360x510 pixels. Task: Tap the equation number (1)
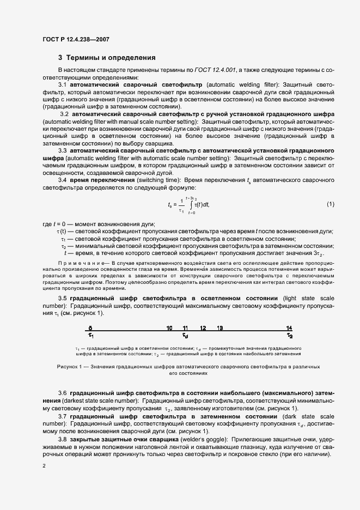[x=330, y=204]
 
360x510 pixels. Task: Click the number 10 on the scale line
[x=169, y=328]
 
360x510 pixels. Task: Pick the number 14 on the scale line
[x=289, y=328]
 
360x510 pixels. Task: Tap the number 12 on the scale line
[x=203, y=328]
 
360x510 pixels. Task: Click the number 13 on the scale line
[x=219, y=328]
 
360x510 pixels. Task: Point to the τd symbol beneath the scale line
[x=186, y=336]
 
